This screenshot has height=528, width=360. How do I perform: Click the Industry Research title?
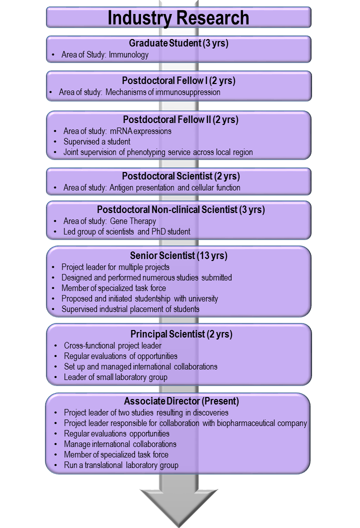point(178,18)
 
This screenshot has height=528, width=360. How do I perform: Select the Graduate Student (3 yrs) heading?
point(178,43)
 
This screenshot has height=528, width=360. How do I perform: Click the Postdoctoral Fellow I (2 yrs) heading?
point(178,80)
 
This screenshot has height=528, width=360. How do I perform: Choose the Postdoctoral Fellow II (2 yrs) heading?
point(180,119)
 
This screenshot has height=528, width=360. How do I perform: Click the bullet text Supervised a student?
point(97,141)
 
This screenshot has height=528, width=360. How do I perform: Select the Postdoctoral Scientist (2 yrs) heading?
point(180,176)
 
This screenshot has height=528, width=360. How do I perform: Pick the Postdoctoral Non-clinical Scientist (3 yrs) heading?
point(180,209)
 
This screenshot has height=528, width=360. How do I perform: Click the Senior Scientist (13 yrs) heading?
point(178,255)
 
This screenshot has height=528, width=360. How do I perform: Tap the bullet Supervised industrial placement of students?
point(130,309)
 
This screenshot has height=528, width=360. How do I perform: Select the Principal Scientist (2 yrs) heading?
point(181,333)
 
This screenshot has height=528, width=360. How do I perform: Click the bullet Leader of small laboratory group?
point(115,377)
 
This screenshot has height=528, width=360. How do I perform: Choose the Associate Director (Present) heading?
point(181,401)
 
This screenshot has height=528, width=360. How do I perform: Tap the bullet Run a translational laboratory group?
point(121,465)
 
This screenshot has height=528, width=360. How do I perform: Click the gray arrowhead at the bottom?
point(178,505)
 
